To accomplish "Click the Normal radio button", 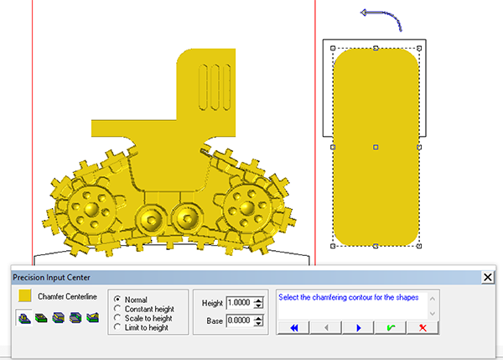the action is [117, 299].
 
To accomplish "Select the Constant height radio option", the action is [117, 309].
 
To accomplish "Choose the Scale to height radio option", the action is [117, 318].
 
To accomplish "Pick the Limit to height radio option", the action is [117, 327].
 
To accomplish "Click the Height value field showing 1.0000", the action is [239, 302].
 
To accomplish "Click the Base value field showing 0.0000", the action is [239, 321].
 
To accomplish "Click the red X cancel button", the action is [423, 327].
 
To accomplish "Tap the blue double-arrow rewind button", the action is [293, 327].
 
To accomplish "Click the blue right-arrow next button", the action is [358, 327].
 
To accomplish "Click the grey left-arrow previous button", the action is [326, 327].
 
